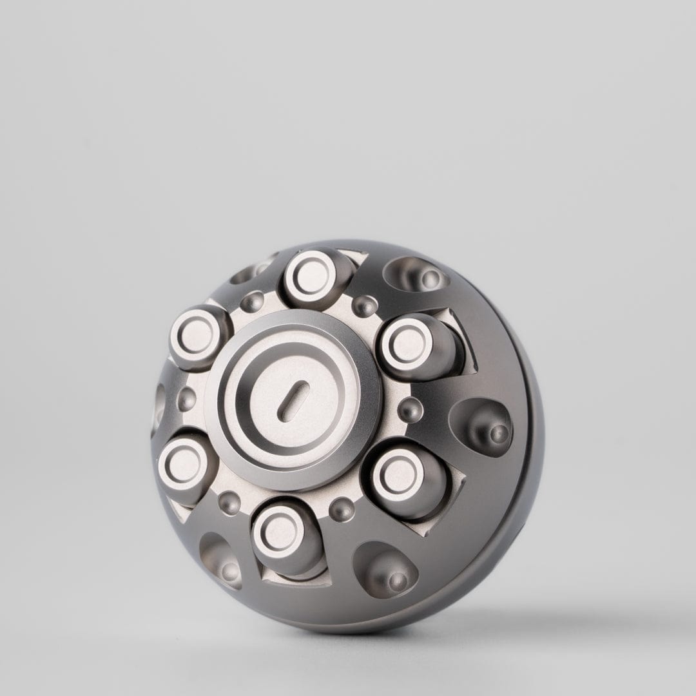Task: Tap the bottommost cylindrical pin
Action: [278, 534]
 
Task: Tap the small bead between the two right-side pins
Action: [409, 408]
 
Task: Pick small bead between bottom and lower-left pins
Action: [228, 501]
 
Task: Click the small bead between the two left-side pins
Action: [186, 399]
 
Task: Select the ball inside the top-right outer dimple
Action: [430, 278]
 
